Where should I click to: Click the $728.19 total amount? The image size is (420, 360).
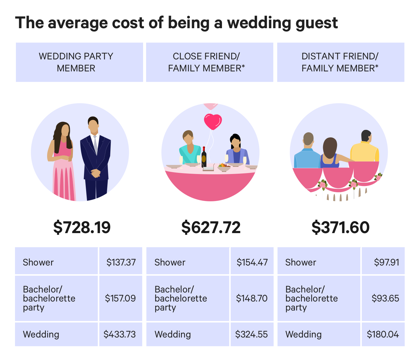(82, 227)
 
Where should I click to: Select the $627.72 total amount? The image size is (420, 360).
(211, 227)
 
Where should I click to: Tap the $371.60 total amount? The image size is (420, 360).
(340, 227)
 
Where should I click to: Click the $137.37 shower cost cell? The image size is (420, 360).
(121, 262)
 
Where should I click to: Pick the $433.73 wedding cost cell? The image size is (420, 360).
(120, 334)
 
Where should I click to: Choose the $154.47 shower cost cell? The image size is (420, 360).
(252, 262)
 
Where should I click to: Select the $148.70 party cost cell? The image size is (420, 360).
(252, 298)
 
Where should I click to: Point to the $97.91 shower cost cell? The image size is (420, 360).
(386, 262)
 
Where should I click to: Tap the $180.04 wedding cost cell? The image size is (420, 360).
(383, 334)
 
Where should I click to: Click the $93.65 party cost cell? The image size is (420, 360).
(385, 298)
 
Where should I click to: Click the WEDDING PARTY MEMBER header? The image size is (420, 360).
(76, 62)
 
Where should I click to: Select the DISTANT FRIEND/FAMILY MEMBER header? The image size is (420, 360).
(340, 62)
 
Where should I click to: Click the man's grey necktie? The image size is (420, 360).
(95, 144)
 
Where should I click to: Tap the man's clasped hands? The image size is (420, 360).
(96, 173)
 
